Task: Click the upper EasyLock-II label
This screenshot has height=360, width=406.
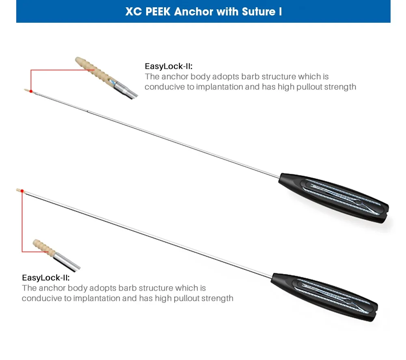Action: tap(168, 66)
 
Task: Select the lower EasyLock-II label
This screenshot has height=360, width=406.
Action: tap(45, 278)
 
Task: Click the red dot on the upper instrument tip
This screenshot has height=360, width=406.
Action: tap(31, 91)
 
